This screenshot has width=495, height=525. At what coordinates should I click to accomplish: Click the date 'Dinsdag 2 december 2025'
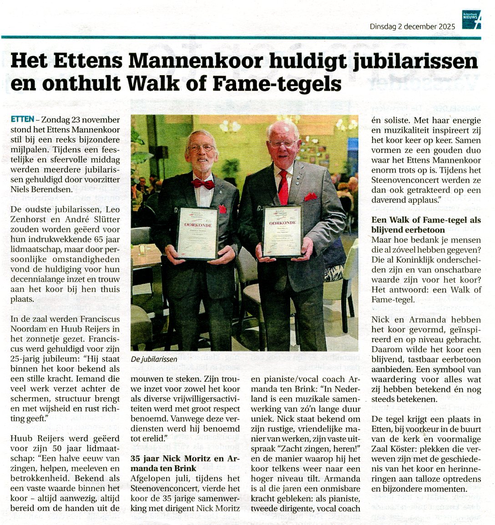412,26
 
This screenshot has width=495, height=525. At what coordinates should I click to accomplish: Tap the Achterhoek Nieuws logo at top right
471,20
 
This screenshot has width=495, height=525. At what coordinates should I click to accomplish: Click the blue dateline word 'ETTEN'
22,119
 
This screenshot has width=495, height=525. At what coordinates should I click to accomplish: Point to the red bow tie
203,184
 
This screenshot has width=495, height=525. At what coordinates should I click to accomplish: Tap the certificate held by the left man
197,233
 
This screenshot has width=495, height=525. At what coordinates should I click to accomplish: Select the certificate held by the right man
282,231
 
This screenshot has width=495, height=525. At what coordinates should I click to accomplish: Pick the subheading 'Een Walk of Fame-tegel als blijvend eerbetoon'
426,225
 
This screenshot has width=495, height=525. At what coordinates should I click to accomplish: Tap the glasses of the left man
200,148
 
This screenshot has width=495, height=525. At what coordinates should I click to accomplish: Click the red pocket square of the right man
311,197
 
